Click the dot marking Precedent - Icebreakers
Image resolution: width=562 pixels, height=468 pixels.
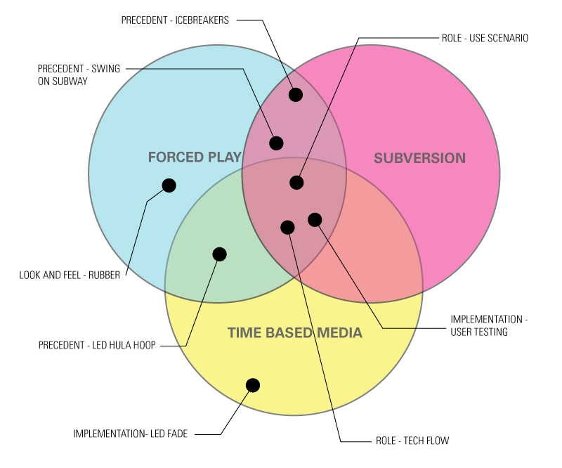click(x=296, y=94)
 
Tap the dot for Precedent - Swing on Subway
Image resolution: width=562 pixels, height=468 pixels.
click(x=276, y=143)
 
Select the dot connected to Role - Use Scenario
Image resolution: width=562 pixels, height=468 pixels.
click(x=296, y=183)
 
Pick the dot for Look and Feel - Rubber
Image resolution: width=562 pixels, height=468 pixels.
click(x=169, y=186)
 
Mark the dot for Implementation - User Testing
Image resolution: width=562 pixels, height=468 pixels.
click(x=315, y=220)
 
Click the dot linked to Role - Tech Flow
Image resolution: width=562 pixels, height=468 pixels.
click(x=287, y=227)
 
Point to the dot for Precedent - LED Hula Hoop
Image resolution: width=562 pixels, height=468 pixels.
click(x=219, y=254)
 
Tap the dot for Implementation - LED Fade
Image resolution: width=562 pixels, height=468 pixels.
click(x=253, y=385)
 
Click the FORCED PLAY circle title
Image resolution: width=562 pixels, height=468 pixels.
click(x=195, y=157)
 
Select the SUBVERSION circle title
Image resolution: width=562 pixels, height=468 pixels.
click(x=419, y=158)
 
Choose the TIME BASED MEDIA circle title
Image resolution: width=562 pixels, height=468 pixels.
click(x=294, y=332)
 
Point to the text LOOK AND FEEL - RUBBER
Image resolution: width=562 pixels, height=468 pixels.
click(x=70, y=274)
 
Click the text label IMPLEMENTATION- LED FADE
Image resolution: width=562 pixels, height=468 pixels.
click(x=130, y=434)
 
